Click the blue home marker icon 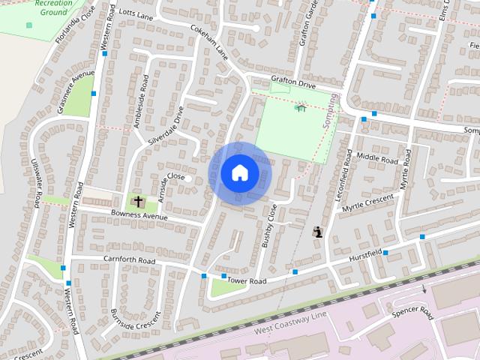239,173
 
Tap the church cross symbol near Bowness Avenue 138,201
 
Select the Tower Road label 247,281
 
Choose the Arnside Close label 166,177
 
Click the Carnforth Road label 129,260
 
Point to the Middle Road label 377,157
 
